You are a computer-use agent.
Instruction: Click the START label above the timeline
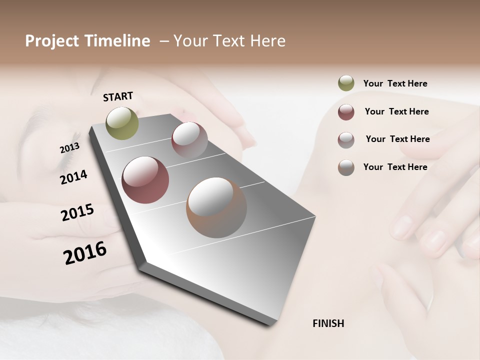tap(118, 96)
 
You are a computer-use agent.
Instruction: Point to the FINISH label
tap(328, 323)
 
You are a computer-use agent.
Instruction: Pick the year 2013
tap(69, 148)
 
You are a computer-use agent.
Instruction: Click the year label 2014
tap(73, 177)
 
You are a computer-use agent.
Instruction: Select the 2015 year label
tap(77, 212)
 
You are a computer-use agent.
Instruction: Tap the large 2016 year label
tap(85, 253)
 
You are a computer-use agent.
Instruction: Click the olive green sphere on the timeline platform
tap(122, 123)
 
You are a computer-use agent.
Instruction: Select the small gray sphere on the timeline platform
tap(189, 139)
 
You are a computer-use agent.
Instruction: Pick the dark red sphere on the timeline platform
tap(145, 180)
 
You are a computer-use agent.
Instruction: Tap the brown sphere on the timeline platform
tap(216, 207)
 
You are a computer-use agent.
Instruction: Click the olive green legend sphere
tap(346, 83)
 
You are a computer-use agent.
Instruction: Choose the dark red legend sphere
tap(346, 112)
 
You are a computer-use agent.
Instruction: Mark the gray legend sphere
tap(346, 139)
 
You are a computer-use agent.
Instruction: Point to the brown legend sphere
tap(346, 167)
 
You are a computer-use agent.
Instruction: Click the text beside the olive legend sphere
tap(395, 83)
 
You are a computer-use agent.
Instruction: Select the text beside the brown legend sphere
tap(395, 167)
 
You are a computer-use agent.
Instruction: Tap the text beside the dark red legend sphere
tap(396, 111)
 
